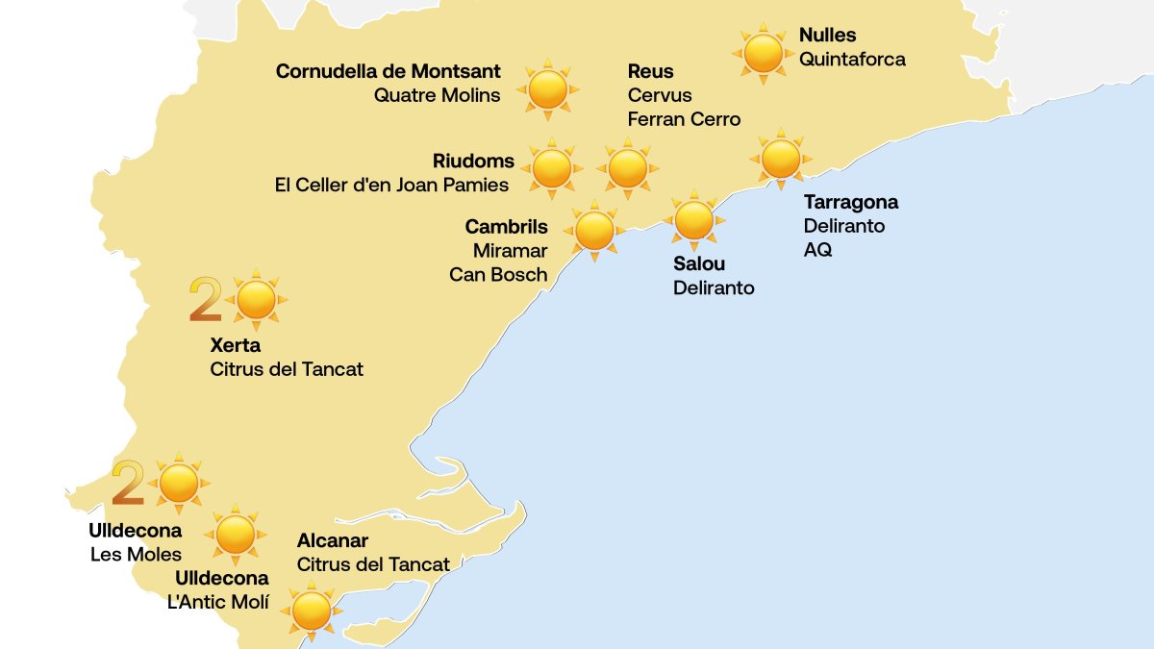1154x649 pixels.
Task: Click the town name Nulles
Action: point(827,37)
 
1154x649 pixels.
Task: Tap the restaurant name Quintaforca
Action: point(852,60)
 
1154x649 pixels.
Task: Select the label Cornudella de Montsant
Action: point(388,71)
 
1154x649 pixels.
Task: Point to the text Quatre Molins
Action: point(437,95)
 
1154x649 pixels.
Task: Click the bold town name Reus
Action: point(650,71)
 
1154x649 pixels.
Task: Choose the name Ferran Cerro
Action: point(684,119)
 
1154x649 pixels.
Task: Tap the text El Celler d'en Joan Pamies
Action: point(391,185)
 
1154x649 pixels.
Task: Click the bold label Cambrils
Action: point(506,227)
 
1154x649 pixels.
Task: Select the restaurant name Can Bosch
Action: point(498,275)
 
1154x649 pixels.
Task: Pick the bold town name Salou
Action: point(699,263)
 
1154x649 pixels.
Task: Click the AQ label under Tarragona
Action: point(817,250)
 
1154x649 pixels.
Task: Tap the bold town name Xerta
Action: point(235,345)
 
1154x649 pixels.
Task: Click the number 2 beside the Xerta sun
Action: point(205,300)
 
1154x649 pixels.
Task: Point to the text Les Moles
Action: point(136,555)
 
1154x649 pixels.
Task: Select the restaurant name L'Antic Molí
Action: point(218,602)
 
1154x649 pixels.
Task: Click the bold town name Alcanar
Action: point(332,541)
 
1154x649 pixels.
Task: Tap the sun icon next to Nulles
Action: point(764,53)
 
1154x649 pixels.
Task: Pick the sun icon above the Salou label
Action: point(693,219)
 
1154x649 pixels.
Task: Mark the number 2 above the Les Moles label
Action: point(128,483)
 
